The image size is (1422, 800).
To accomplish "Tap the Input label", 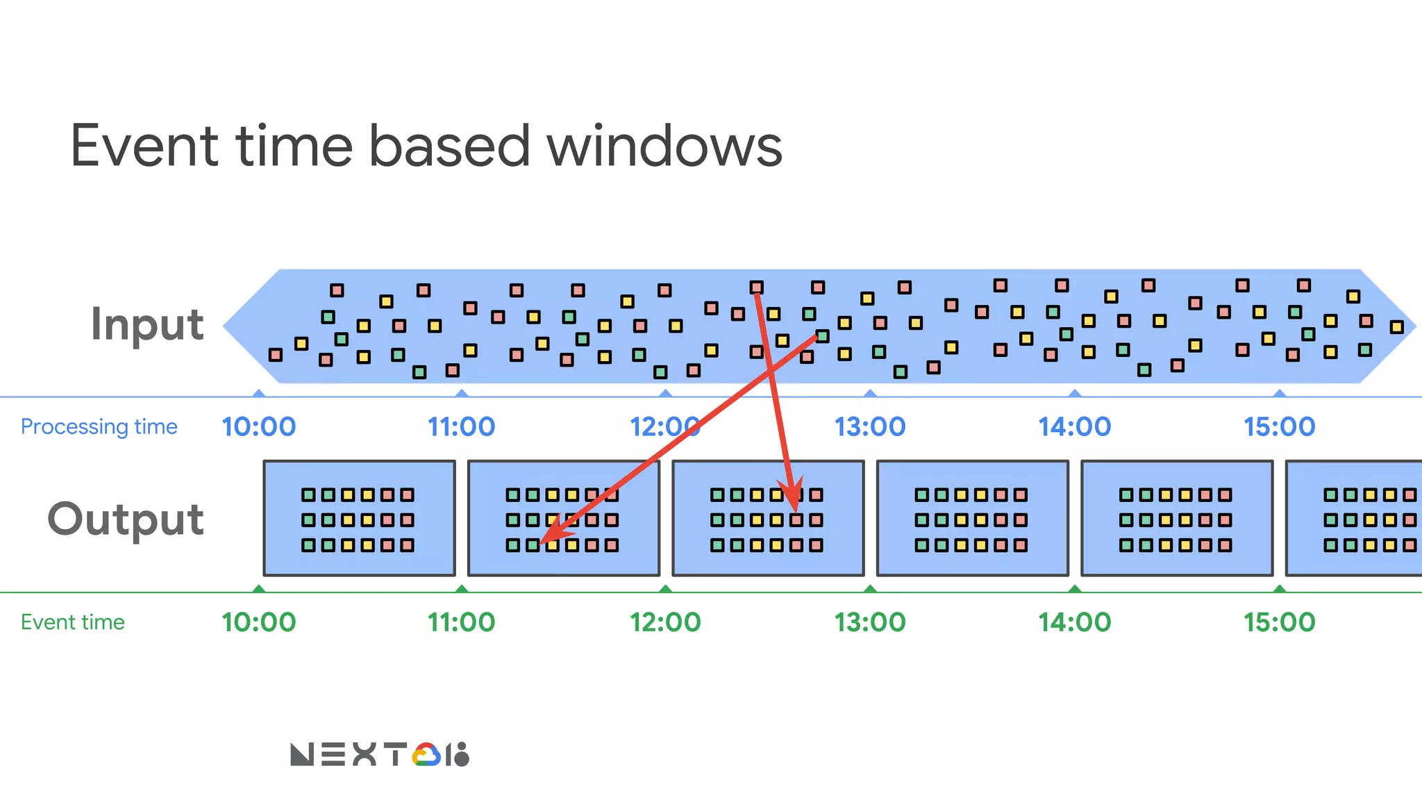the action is tap(147, 324).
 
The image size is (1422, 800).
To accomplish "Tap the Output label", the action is tap(126, 519).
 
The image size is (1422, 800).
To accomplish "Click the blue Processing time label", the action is tap(99, 426).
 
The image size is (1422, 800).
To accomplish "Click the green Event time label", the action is tap(73, 622).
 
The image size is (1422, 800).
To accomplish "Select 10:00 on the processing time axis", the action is tap(258, 426).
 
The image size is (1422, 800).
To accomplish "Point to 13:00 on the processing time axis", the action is tap(869, 426).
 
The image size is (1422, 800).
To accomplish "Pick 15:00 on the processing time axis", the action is tap(1279, 426).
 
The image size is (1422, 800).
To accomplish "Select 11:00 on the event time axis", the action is tap(461, 622).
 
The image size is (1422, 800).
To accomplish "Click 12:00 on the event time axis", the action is tap(665, 622).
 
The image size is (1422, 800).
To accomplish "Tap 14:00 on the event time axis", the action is tap(1074, 622).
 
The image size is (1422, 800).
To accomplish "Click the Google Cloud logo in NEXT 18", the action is tap(426, 755).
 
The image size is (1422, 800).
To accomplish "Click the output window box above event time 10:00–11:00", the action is tap(359, 518).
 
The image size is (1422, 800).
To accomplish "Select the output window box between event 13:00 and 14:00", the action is tap(972, 518).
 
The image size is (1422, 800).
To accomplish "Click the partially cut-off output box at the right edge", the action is tap(1354, 518).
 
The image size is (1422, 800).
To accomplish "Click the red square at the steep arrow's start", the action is tap(756, 287).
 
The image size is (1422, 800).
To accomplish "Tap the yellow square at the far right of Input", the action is tap(1396, 327).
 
